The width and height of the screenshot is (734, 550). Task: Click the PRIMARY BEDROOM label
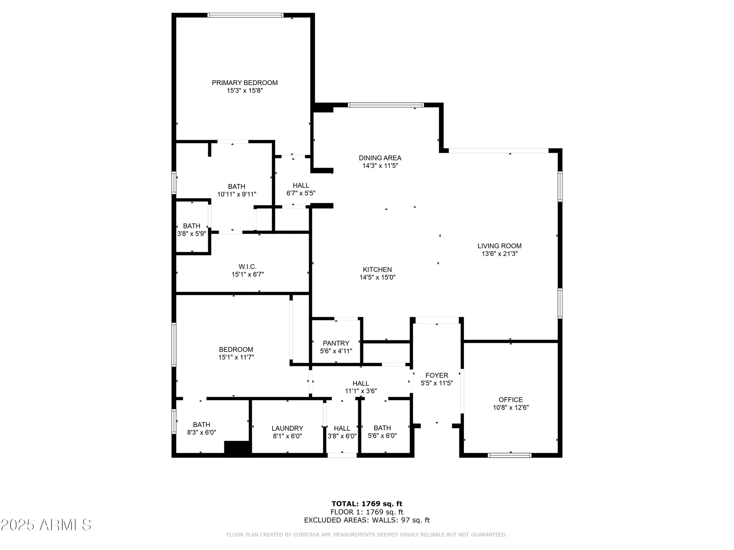pyautogui.click(x=245, y=83)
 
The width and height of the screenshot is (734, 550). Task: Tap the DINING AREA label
pyautogui.click(x=380, y=158)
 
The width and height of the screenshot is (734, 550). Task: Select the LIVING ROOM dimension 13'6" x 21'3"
pyautogui.click(x=499, y=254)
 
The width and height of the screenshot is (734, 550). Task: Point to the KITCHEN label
pyautogui.click(x=377, y=269)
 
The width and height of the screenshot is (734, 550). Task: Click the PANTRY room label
pyautogui.click(x=336, y=343)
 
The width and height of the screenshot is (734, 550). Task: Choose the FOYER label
pyautogui.click(x=437, y=375)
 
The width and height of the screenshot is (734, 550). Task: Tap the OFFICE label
pyautogui.click(x=510, y=400)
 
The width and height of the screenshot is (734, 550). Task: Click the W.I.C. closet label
pyautogui.click(x=247, y=267)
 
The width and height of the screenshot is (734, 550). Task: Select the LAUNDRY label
pyautogui.click(x=287, y=428)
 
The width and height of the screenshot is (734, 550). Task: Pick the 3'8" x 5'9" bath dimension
pyautogui.click(x=192, y=234)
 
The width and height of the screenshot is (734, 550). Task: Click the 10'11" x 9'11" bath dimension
pyautogui.click(x=237, y=194)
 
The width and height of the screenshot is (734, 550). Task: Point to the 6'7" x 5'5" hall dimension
pyautogui.click(x=301, y=193)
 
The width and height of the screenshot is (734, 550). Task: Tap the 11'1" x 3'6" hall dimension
pyautogui.click(x=361, y=391)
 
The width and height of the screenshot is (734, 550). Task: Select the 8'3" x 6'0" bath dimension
pyautogui.click(x=201, y=433)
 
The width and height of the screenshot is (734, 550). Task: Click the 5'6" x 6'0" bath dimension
pyautogui.click(x=382, y=436)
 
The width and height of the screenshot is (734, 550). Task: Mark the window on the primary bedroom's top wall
pyautogui.click(x=245, y=15)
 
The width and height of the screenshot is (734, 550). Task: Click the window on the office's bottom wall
pyautogui.click(x=509, y=455)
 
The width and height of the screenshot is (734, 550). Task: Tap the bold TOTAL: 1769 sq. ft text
pyautogui.click(x=367, y=504)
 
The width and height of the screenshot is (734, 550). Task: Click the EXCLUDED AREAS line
pyautogui.click(x=367, y=520)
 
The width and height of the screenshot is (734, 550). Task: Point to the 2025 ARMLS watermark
pyautogui.click(x=46, y=525)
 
